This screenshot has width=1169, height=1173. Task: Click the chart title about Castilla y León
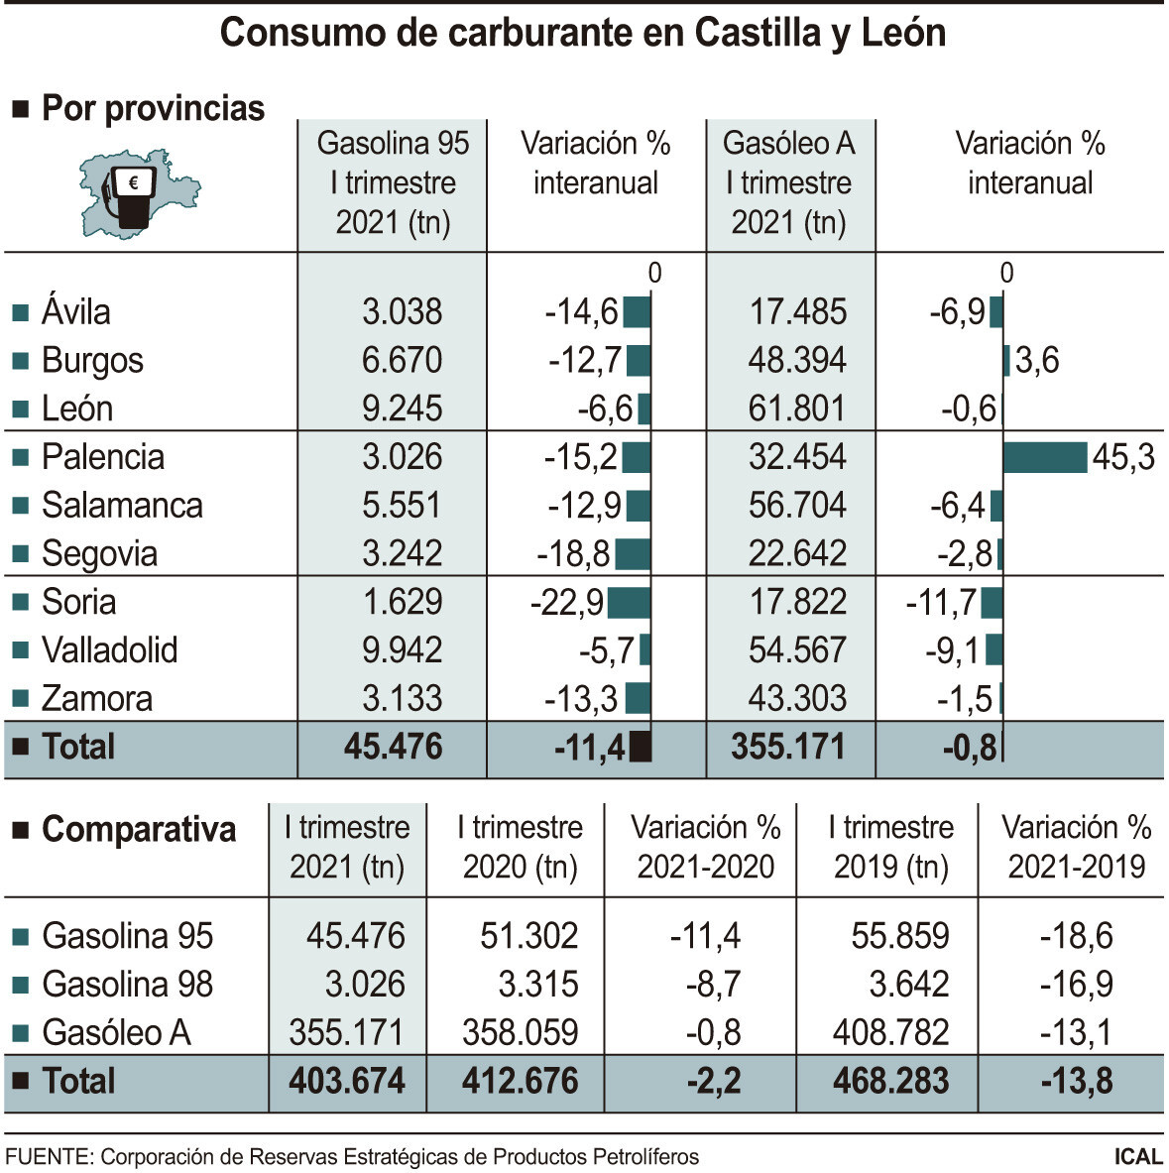(583, 33)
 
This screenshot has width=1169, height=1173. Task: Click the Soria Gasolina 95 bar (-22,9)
(629, 603)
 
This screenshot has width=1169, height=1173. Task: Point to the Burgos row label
(92, 361)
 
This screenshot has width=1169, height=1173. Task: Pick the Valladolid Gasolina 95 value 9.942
(402, 650)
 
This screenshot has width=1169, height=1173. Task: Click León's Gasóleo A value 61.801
(797, 409)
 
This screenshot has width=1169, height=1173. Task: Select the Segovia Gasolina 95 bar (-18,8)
(633, 554)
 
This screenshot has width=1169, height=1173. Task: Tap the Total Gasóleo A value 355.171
(788, 747)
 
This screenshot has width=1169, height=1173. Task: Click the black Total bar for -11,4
(641, 747)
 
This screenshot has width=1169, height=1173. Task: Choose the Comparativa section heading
(139, 829)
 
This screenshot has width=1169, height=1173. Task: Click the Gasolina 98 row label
(127, 985)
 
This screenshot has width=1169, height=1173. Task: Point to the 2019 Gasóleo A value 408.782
(890, 1033)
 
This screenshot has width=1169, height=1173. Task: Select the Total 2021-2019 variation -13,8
(1076, 1081)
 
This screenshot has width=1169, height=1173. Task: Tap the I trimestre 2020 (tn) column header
(520, 847)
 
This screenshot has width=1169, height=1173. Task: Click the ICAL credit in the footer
(1137, 1157)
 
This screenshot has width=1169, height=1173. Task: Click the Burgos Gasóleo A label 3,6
(1037, 361)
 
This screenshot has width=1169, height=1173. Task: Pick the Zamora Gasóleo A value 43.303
(797, 699)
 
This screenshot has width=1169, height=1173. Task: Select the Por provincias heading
(153, 108)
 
